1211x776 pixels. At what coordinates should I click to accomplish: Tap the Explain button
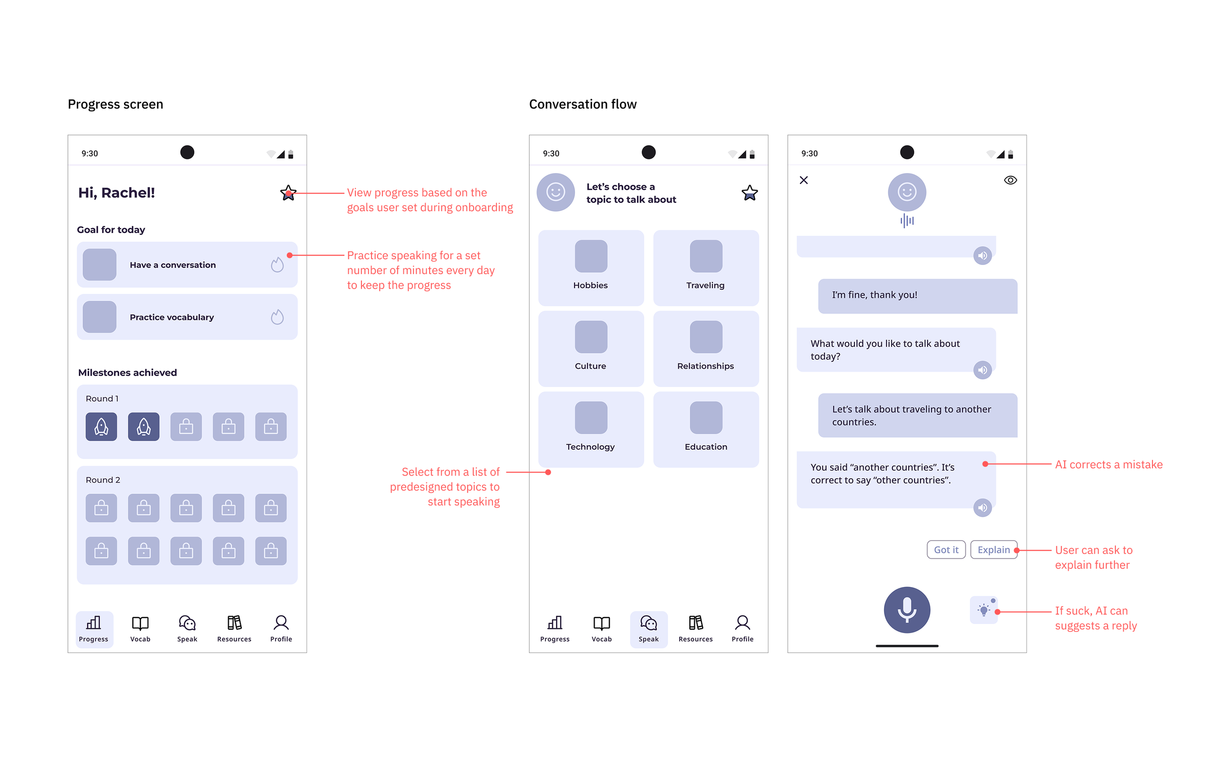(993, 549)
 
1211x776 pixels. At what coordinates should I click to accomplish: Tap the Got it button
(946, 549)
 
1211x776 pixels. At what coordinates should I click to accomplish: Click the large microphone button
(906, 609)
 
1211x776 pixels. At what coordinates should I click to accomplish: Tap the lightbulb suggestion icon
(983, 610)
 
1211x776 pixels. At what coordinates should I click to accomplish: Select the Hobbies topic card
(590, 267)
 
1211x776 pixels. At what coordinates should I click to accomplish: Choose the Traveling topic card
(705, 267)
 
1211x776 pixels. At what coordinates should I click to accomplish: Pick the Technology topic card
(590, 429)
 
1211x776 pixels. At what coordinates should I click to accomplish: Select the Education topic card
(705, 429)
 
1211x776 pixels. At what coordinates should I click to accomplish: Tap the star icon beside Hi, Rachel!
(288, 192)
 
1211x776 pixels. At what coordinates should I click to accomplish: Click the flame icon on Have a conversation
(277, 264)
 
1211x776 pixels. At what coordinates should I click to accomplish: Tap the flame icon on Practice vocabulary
(277, 317)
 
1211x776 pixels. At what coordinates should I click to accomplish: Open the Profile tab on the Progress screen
(280, 628)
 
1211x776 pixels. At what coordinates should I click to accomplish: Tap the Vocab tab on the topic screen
(601, 628)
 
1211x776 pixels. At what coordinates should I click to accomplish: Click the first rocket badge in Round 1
(101, 426)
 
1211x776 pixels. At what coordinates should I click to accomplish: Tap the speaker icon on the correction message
(982, 508)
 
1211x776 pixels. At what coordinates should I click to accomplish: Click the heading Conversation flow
(582, 104)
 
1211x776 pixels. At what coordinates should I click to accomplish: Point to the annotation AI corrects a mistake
(1108, 464)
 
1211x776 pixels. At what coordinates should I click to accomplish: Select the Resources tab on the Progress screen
(234, 628)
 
